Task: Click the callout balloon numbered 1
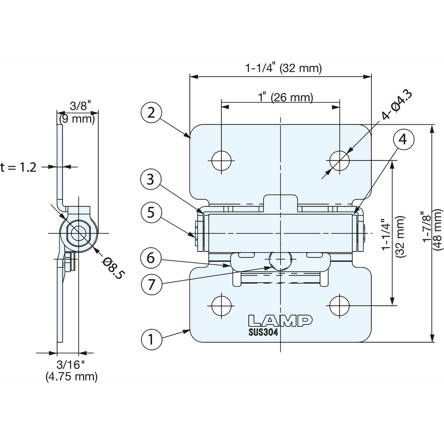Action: coord(151,339)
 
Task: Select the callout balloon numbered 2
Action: coord(151,113)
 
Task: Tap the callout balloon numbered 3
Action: coord(151,179)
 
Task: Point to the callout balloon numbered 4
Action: coord(403,139)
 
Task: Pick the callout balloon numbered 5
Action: coord(151,212)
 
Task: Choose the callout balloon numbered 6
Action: coord(151,258)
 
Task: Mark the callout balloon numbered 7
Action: coord(151,284)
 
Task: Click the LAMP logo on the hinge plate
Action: coord(280,320)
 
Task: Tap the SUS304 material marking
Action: coord(263,332)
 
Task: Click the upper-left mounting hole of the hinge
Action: coord(221,160)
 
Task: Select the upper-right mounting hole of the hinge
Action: coord(339,160)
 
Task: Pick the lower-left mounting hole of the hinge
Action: coord(221,306)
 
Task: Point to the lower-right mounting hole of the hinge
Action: coord(339,306)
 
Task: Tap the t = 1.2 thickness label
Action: coord(18,168)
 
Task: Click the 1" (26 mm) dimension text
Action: coord(285,97)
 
